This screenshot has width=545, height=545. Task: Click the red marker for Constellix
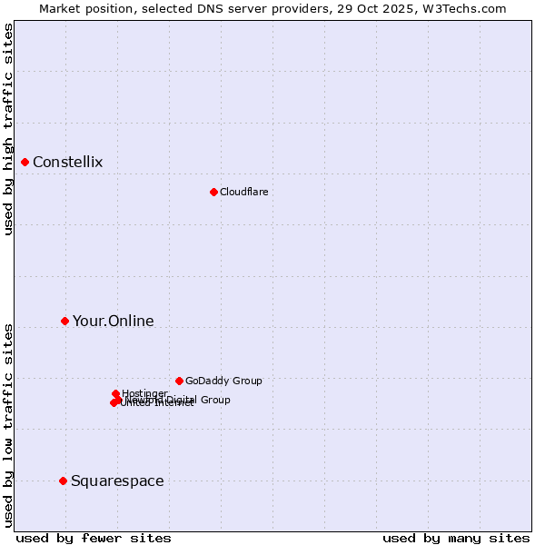coord(25,162)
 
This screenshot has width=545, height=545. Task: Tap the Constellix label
coord(68,163)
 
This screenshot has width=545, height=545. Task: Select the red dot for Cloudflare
coord(213,192)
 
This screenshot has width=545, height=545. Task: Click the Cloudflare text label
coord(243,192)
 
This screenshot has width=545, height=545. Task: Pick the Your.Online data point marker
coord(64,321)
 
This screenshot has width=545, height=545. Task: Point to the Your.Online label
coord(114,322)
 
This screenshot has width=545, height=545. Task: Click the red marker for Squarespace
coord(63,481)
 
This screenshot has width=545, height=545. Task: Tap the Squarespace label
coord(117,481)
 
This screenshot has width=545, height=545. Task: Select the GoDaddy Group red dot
coord(179,381)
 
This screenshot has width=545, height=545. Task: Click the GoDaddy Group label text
coord(223,381)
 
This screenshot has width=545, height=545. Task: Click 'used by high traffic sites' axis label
coord(9,130)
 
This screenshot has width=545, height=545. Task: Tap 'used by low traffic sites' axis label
coord(9,425)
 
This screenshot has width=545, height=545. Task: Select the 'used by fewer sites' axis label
coord(94,538)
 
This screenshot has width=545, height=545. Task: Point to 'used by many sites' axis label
coord(456,538)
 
